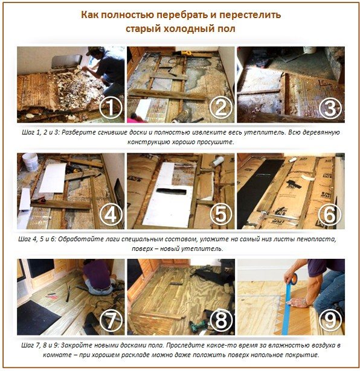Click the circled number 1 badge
click(111, 108)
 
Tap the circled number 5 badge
click(220, 214)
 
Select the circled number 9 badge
click(330, 320)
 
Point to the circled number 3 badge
click(330, 108)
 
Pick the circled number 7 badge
click(111, 320)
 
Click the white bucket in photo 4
click(30, 161)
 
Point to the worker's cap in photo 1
click(94, 50)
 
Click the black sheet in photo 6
click(259, 192)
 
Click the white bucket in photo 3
click(309, 49)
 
